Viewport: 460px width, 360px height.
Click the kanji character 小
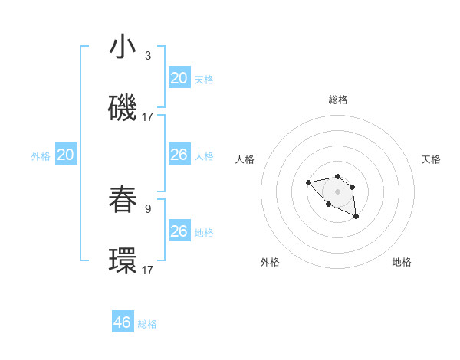(123, 47)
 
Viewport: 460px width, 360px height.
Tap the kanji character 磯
(123, 108)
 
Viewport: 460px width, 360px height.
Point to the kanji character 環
(123, 260)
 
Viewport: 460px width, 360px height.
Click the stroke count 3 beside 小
(147, 56)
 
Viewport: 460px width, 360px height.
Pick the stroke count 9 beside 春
(147, 208)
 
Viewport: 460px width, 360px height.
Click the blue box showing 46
(123, 322)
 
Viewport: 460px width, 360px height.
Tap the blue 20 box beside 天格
(179, 78)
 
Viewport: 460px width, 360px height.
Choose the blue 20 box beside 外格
(66, 155)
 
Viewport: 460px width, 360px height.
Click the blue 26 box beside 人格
(179, 155)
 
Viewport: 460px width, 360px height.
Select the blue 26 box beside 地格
(179, 231)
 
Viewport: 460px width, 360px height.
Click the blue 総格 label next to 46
(148, 324)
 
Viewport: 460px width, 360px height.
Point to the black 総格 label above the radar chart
(338, 100)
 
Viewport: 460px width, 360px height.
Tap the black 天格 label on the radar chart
(431, 159)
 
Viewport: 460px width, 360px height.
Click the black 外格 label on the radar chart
(270, 262)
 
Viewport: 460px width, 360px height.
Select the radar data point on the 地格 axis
(356, 218)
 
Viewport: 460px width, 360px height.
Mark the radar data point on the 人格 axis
(307, 182)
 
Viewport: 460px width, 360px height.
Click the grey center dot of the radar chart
(337, 191)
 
